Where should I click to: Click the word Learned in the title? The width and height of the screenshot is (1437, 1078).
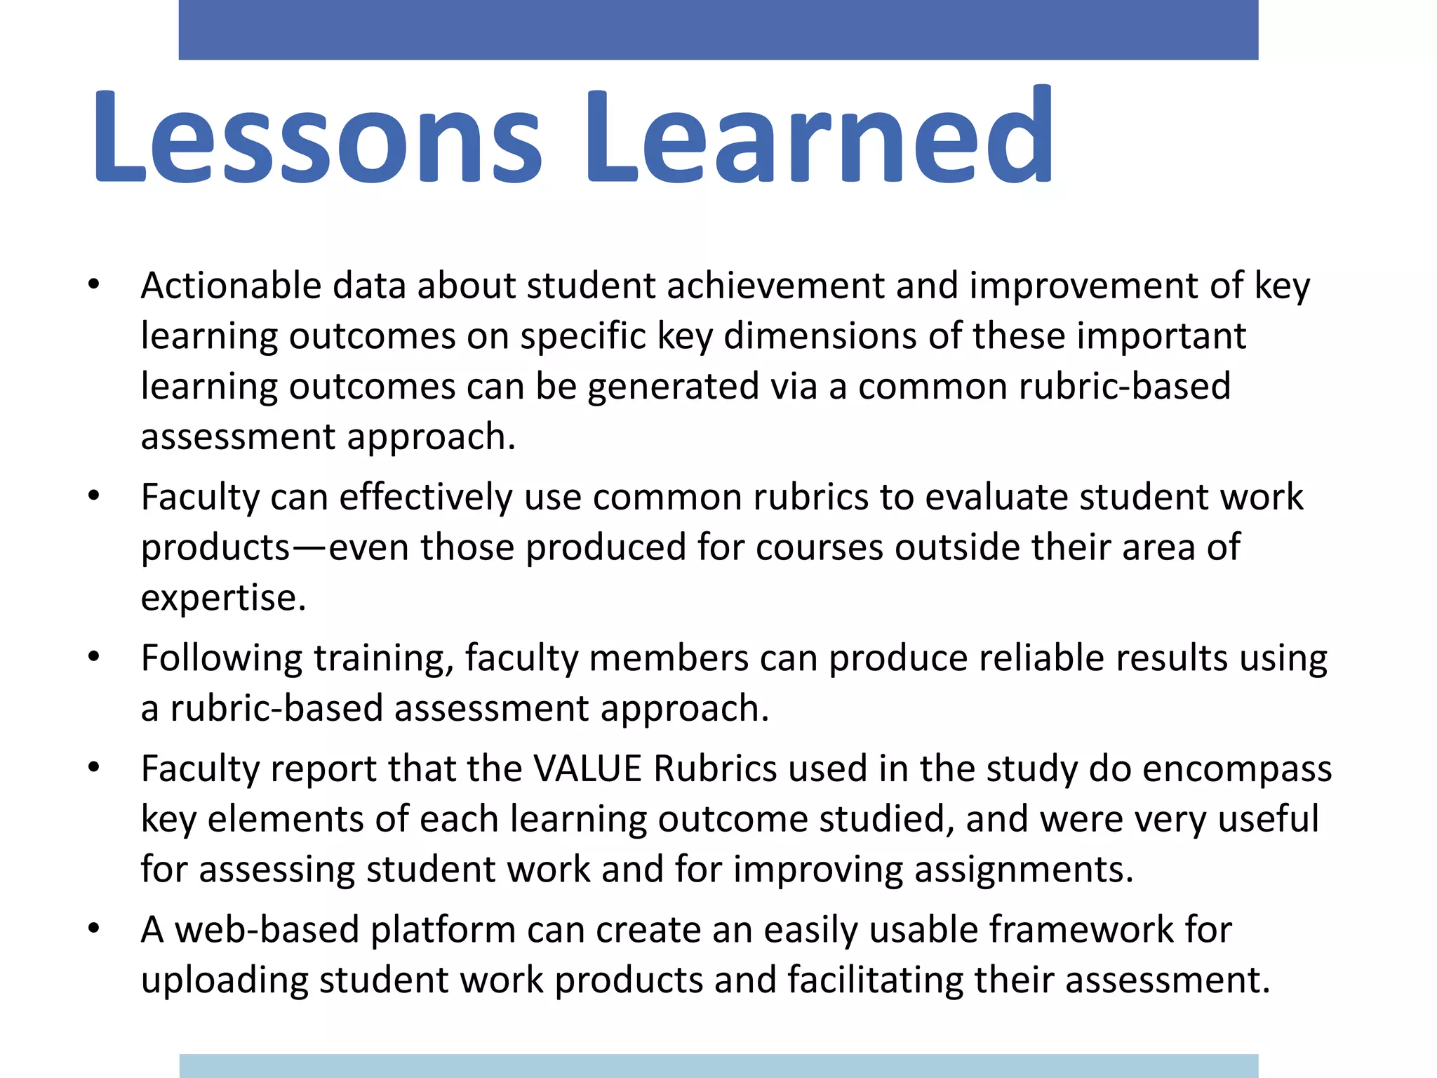(818, 137)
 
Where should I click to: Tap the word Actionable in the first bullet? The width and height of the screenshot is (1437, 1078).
(231, 286)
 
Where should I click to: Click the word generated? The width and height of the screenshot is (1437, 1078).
(673, 387)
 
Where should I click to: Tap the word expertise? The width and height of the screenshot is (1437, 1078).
(223, 599)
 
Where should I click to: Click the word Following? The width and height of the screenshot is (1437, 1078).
(222, 659)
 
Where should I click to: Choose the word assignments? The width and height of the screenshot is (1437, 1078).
(1024, 870)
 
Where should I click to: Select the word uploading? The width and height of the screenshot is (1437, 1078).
(225, 980)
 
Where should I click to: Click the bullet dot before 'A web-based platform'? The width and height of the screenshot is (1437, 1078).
(94, 929)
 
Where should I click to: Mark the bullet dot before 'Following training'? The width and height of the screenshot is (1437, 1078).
(94, 658)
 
